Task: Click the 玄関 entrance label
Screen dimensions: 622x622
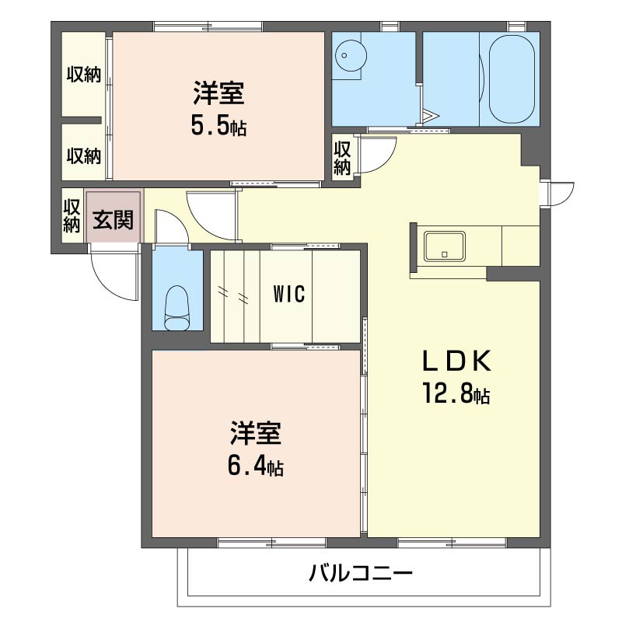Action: pos(114,220)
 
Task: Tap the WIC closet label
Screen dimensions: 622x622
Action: pos(289,295)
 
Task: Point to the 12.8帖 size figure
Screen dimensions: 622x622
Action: pos(456,395)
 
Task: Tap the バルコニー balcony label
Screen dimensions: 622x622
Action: pos(360,575)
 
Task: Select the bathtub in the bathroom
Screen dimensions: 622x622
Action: pos(508,78)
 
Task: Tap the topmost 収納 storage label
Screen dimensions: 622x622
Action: pos(83,75)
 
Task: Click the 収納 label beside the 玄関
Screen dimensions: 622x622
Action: pos(72,216)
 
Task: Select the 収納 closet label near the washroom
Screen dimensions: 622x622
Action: pos(343,158)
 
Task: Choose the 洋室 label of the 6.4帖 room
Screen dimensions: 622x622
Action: pos(255,432)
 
